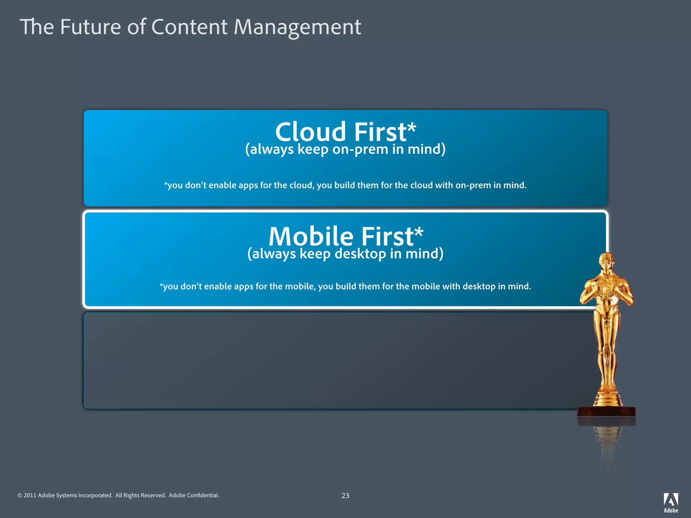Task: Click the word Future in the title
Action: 90,27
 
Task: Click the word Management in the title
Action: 297,27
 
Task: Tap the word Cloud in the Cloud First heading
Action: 310,132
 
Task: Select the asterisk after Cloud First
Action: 412,128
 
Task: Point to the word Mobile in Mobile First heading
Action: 310,236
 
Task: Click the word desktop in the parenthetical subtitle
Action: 360,254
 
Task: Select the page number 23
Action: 345,495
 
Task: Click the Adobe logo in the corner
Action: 671,502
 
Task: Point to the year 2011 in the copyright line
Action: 30,495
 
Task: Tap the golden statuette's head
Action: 606,262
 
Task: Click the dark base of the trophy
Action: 606,412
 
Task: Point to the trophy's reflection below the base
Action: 607,445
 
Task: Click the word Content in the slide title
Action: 189,27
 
